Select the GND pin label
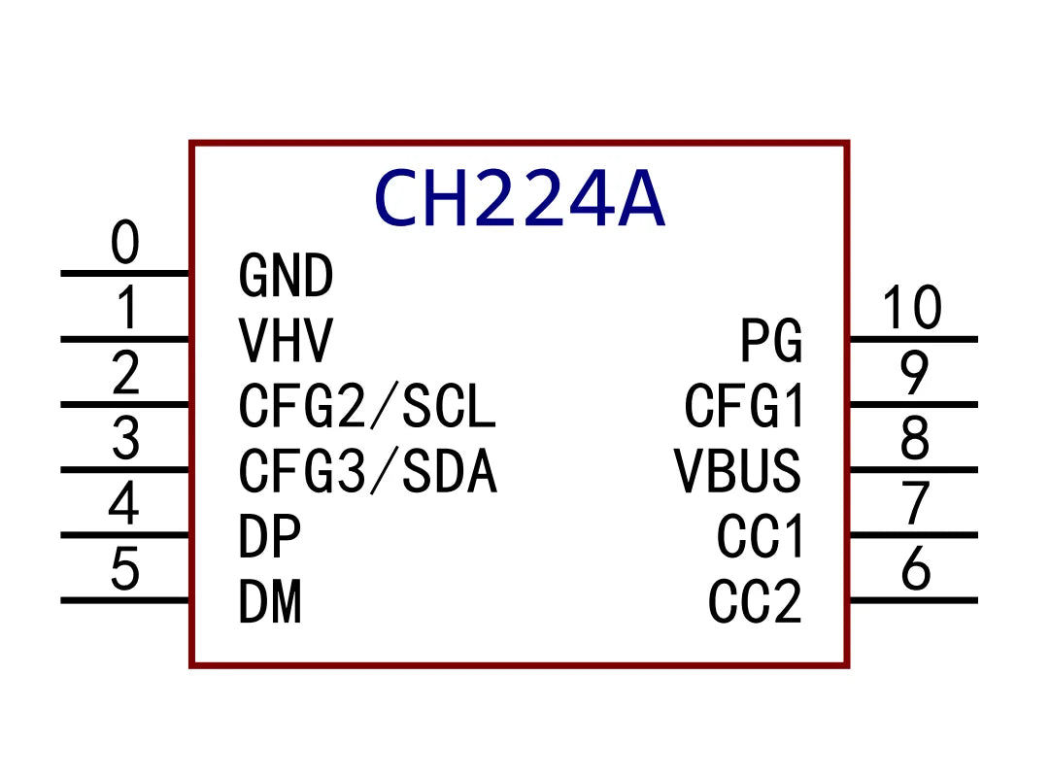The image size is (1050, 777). coord(286,276)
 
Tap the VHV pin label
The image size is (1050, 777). coord(286,341)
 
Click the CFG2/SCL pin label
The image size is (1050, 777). coord(367,407)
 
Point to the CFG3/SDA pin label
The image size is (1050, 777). coord(367,472)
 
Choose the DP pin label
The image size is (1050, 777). coord(269,537)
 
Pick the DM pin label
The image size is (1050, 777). coord(270,602)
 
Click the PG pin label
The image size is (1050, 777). coord(771,341)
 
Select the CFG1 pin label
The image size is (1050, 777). coord(745,407)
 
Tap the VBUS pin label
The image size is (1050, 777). coord(738,472)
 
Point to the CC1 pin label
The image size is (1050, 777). coord(761,537)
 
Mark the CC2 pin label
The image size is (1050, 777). coord(756,602)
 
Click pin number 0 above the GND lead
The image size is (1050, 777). coord(125,244)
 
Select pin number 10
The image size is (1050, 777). coord(912,309)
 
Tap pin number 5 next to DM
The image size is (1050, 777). coord(125,570)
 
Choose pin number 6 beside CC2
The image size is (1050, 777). coord(916,570)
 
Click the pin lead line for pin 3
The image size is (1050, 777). coord(125,470)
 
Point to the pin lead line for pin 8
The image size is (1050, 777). coord(913,470)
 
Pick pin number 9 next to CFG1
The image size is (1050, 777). coord(915,374)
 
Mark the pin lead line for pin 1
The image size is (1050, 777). coord(125,339)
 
